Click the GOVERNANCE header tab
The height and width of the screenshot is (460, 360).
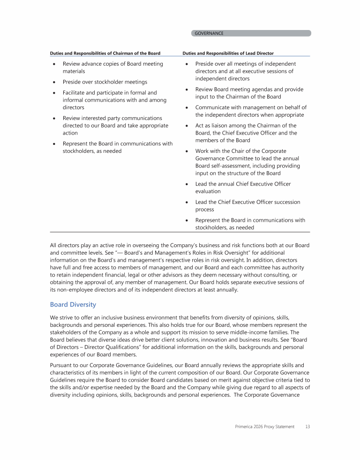point(209,33)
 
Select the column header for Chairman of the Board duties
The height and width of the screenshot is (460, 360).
point(105,53)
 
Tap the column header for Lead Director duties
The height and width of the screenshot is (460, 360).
point(228,53)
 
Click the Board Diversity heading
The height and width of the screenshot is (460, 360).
point(73,305)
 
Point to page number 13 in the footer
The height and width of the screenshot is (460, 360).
point(307,427)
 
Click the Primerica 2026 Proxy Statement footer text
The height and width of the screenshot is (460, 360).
point(265,427)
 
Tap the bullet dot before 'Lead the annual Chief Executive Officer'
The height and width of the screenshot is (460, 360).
point(187,184)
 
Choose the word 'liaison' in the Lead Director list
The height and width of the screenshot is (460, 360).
point(220,126)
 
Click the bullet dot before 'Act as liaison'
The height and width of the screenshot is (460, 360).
point(187,126)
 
